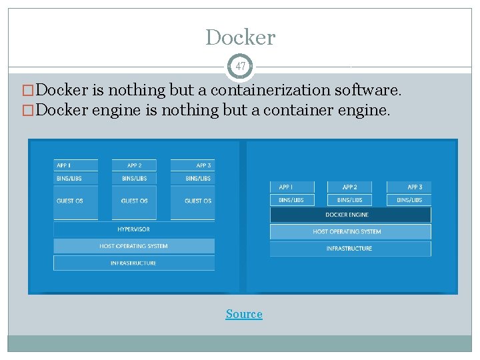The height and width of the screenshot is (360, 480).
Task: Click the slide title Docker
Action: [240, 37]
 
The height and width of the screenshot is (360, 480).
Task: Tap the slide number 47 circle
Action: [240, 67]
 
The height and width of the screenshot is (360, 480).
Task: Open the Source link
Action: [244, 314]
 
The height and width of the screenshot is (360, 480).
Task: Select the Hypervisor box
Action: [134, 229]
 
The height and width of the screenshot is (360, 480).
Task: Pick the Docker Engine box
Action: [350, 215]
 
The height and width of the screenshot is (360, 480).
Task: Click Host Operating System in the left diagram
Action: [134, 246]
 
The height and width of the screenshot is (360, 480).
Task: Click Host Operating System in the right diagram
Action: [350, 231]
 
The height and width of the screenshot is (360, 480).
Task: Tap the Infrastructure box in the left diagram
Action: [134, 263]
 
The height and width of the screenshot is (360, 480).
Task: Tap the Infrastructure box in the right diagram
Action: [350, 249]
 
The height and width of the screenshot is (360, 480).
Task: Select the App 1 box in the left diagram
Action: [75, 165]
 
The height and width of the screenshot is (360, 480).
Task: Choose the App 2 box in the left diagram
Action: [134, 165]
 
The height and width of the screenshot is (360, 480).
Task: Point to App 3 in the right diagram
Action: [409, 187]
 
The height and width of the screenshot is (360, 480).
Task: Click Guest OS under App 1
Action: [75, 201]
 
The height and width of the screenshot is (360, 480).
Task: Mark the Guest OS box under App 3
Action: [192, 201]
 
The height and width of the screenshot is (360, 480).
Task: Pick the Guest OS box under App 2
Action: [134, 201]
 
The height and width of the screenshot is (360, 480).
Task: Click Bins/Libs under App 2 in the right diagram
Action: [350, 200]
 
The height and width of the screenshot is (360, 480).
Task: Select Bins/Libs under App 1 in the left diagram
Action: [75, 178]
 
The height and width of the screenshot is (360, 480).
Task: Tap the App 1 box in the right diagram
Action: [292, 187]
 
